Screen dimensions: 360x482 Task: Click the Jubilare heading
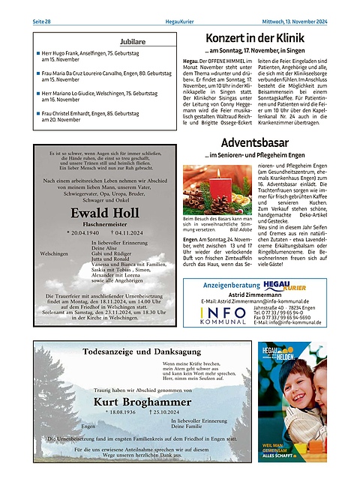pos(111,42)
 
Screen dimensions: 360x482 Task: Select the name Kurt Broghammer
pos(142,402)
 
